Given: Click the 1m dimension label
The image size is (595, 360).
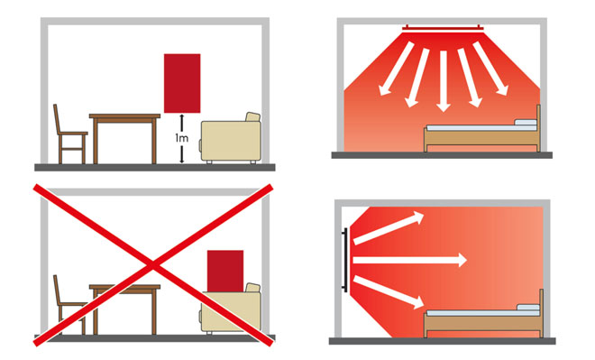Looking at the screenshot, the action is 182,138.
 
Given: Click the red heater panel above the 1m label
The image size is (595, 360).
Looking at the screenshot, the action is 182,83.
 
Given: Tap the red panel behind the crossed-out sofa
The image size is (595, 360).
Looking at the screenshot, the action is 225,271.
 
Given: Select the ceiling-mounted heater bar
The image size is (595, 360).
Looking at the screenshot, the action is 443,28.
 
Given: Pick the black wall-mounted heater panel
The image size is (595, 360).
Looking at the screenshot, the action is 344,260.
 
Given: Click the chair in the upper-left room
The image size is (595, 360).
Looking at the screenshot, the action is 69,134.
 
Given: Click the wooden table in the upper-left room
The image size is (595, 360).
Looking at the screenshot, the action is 124,139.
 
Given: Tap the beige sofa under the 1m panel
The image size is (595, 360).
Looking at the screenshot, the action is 231,138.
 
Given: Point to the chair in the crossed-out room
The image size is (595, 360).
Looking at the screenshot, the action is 69,305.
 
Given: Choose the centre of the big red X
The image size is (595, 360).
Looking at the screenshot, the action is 153,265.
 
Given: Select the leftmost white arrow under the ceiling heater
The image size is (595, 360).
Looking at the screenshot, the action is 396,69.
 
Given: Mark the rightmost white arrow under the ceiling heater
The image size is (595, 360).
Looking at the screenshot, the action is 490,69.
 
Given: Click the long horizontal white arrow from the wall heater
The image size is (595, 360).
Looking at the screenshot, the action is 410,260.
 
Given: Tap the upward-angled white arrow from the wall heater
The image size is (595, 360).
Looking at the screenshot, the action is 389,228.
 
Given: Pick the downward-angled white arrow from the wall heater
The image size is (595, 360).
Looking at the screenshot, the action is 389,292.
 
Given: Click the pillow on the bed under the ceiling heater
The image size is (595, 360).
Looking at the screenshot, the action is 526,123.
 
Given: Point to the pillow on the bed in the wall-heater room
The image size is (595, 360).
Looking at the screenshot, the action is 528,307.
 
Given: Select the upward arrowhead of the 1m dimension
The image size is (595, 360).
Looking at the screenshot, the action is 182,117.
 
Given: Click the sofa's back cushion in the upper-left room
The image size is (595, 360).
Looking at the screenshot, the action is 252,117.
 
